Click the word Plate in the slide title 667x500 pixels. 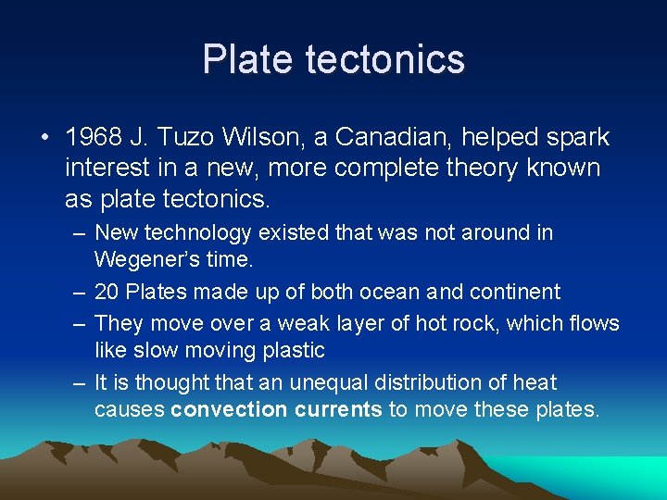pyautogui.click(x=243, y=59)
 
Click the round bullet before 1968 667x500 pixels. pyautogui.click(x=44, y=138)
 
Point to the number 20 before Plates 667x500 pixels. pyautogui.click(x=107, y=292)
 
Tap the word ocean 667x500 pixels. pyautogui.click(x=389, y=292)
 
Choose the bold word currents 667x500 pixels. pyautogui.click(x=338, y=409)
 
